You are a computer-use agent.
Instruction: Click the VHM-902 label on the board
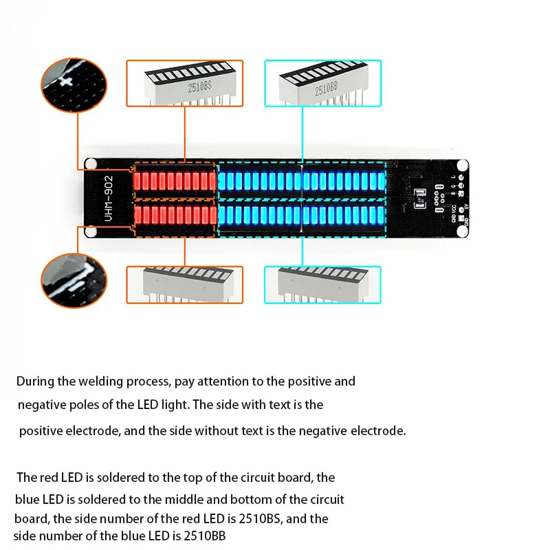[x=109, y=199]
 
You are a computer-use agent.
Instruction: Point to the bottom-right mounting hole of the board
[x=463, y=232]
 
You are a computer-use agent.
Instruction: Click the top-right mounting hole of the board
[x=463, y=165]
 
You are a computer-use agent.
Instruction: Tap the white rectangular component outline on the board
[x=420, y=199]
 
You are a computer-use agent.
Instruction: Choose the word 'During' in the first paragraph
[x=31, y=381]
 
